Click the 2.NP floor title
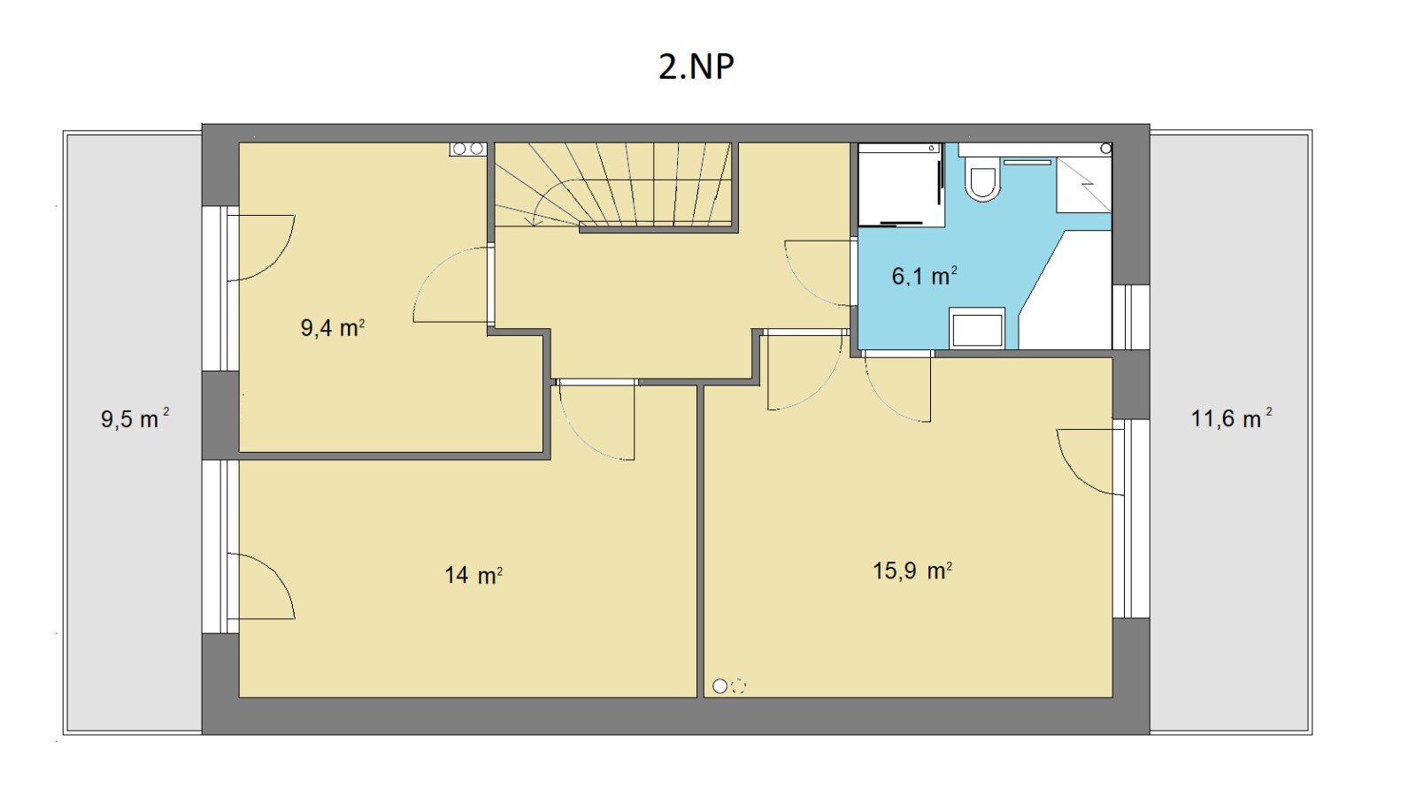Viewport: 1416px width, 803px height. point(696,66)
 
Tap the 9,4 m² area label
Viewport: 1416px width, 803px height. point(333,328)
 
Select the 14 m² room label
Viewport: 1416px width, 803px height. point(473,575)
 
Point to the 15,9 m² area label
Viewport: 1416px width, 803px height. point(912,570)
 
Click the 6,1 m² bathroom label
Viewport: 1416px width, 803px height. point(924,276)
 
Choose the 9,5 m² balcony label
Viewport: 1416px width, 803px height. point(135,418)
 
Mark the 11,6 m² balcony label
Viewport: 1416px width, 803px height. point(1231,418)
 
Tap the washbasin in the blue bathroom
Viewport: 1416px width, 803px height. point(977,327)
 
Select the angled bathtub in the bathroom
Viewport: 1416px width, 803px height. point(1066,290)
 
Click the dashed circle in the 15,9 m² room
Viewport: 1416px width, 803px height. point(738,686)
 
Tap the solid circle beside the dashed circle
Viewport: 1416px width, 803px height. point(720,686)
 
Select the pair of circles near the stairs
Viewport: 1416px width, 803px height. point(468,149)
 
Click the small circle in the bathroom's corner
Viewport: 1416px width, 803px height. point(1105,149)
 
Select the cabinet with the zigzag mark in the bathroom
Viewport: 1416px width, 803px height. point(1084,185)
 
